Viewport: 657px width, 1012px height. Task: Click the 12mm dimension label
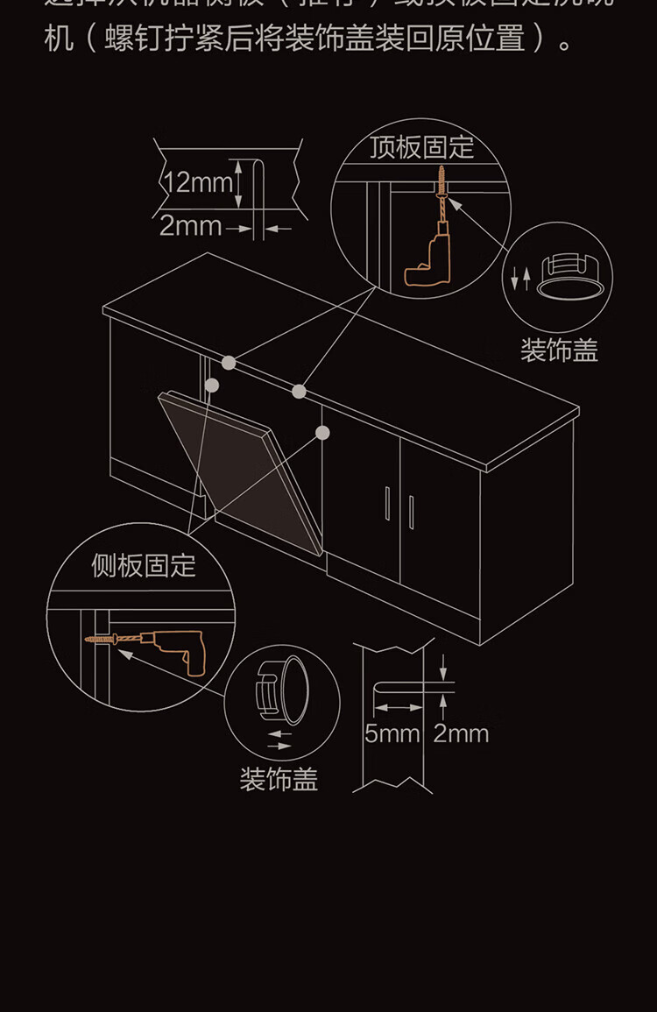[x=199, y=183]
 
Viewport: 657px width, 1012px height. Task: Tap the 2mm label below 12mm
[x=190, y=226]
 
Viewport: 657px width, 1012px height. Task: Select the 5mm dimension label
[x=392, y=732]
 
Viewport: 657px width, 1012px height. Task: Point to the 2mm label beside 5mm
[x=461, y=732]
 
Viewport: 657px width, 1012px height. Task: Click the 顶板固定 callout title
[x=421, y=147]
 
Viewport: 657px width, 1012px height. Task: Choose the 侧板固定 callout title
[x=144, y=565]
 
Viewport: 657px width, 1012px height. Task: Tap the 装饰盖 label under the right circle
[x=559, y=350]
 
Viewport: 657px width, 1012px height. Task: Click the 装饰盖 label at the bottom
[x=279, y=779]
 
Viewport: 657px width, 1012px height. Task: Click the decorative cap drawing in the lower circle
[x=283, y=689]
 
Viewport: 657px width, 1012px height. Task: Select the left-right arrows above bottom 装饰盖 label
[x=279, y=740]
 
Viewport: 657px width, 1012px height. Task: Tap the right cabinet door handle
[x=411, y=512]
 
